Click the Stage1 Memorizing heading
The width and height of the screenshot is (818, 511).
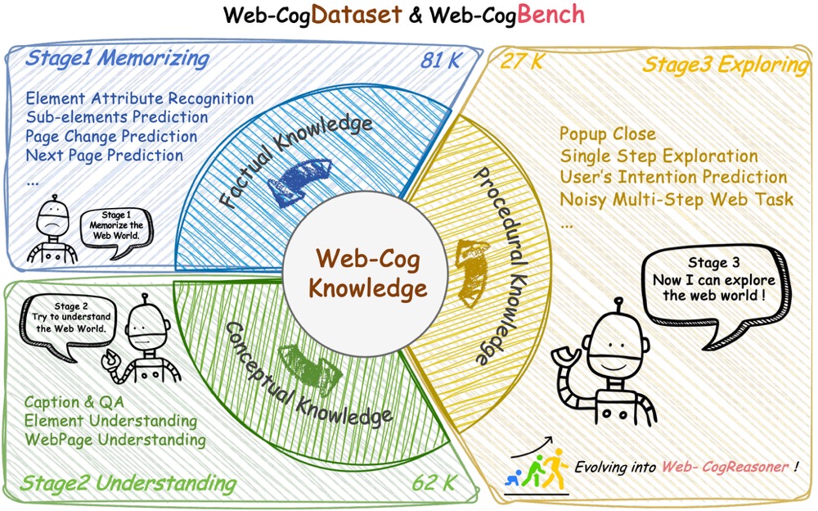[117, 59]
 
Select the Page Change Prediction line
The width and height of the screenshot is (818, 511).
[111, 136]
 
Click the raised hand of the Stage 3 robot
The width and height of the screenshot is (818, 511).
[566, 354]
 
